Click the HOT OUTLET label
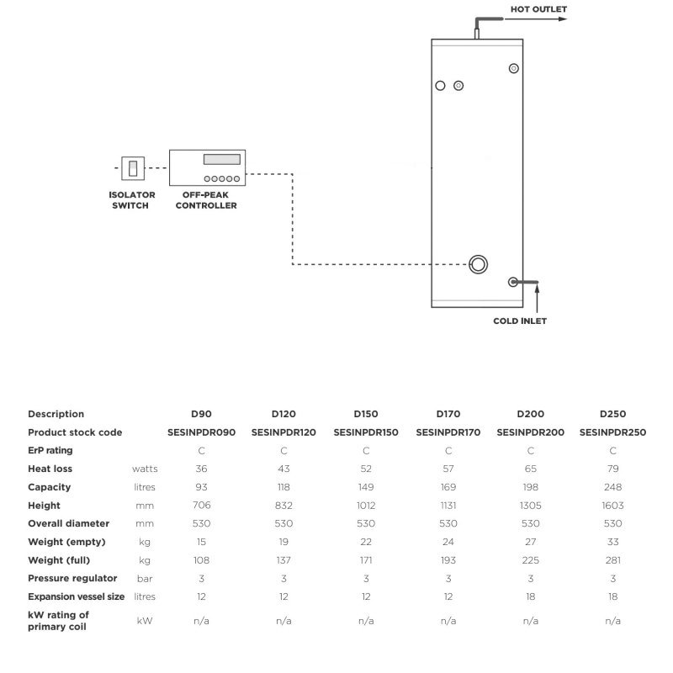coord(539,9)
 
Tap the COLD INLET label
coord(520,321)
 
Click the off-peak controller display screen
coord(223,160)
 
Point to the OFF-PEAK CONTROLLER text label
coord(209,200)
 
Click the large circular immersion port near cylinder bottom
coord(480,263)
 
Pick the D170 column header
coord(448,414)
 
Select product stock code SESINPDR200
coord(531,432)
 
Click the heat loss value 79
coord(612,469)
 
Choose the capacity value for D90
coord(201,487)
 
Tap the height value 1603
coord(612,506)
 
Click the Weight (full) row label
coord(59,560)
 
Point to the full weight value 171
coord(366,560)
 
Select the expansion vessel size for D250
coord(612,596)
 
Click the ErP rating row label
coord(50,451)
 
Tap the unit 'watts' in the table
coord(145,469)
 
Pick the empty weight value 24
coord(448,542)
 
